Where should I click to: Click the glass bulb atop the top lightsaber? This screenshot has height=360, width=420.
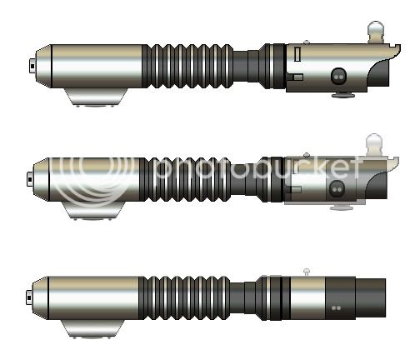tap(376, 32)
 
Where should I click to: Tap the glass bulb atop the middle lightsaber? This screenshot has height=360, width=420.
tap(374, 144)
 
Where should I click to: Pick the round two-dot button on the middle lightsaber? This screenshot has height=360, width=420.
tap(337, 189)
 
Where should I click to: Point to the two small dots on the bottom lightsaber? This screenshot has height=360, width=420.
tap(337, 308)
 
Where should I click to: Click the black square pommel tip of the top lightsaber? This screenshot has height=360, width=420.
tap(32, 66)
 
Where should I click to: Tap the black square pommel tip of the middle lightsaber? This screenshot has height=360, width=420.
tap(30, 179)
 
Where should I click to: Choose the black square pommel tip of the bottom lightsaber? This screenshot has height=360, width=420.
tap(29, 297)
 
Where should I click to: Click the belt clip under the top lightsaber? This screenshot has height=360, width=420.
tap(96, 97)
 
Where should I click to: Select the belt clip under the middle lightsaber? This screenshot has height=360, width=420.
tap(93, 211)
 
